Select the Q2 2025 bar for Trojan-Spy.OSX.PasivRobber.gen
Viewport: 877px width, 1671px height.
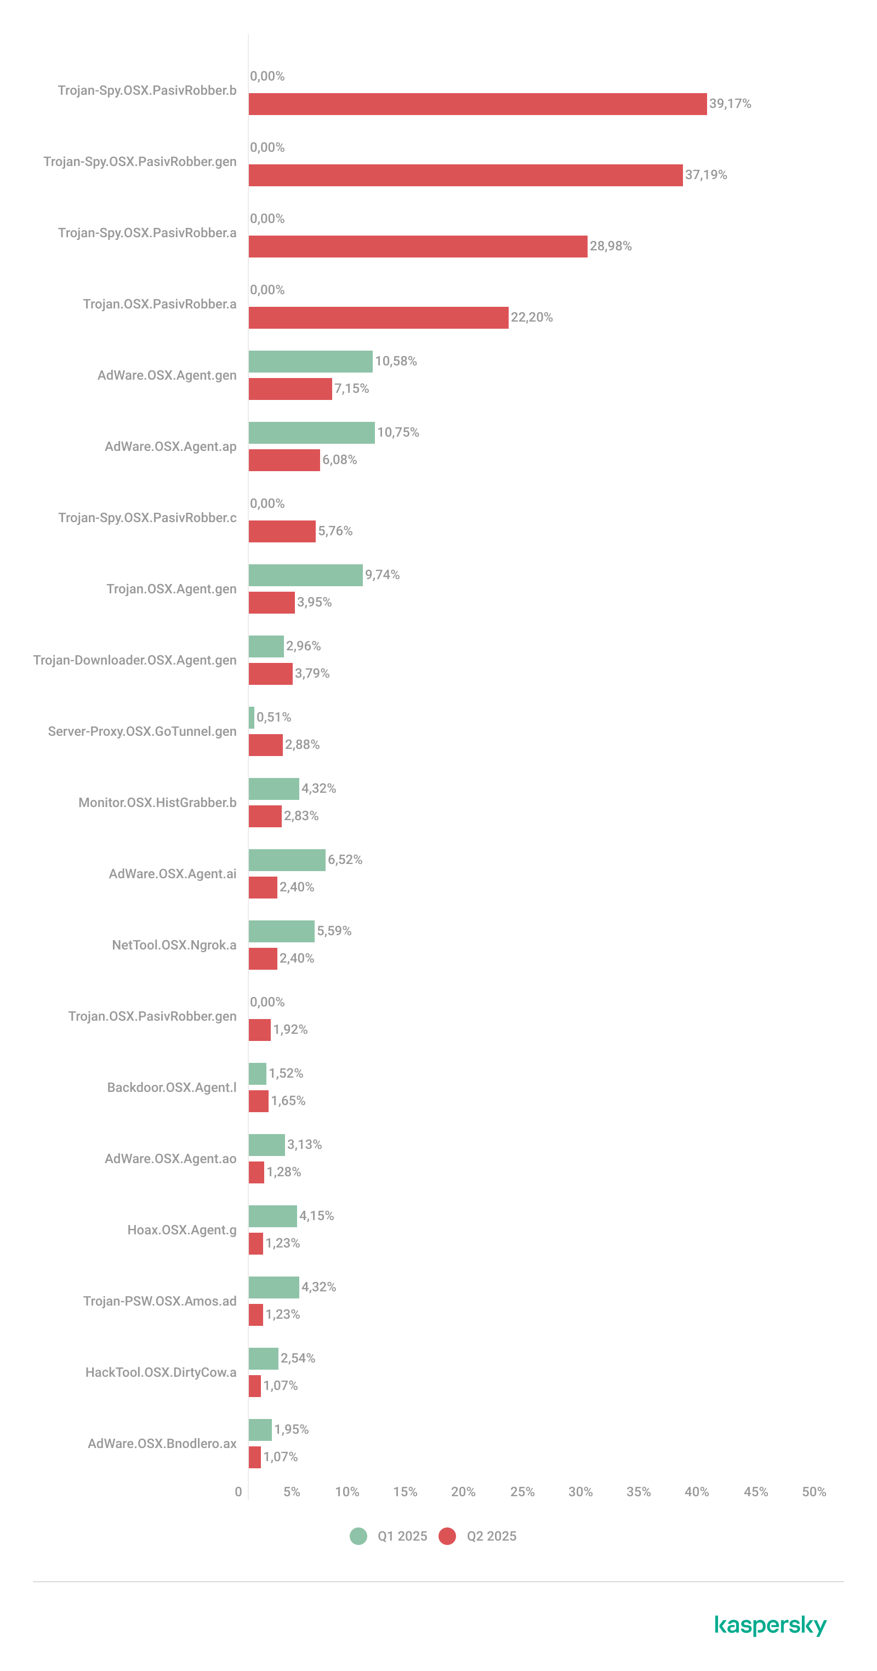pyautogui.click(x=465, y=175)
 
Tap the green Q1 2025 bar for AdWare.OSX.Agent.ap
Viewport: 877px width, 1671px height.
pyautogui.click(x=311, y=433)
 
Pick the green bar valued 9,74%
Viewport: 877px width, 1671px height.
pyautogui.click(x=305, y=575)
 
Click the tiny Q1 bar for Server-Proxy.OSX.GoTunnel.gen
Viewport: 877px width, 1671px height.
pyautogui.click(x=251, y=718)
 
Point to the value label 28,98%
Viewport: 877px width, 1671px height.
pyautogui.click(x=610, y=246)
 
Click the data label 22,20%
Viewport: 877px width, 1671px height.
pyautogui.click(x=532, y=317)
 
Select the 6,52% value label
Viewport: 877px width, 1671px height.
pyautogui.click(x=345, y=860)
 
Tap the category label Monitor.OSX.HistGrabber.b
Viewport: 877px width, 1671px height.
pyautogui.click(x=157, y=803)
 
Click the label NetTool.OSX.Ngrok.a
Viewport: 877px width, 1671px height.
pyautogui.click(x=174, y=945)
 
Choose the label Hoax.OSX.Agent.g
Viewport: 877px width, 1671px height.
pyautogui.click(x=182, y=1230)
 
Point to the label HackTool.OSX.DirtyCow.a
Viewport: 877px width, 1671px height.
pyautogui.click(x=161, y=1372)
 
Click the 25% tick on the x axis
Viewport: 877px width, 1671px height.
pyautogui.click(x=522, y=1491)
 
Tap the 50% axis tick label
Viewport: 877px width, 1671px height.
pyautogui.click(x=813, y=1491)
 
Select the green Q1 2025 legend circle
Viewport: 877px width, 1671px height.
pyautogui.click(x=358, y=1536)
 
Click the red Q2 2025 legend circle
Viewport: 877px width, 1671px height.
pyautogui.click(x=447, y=1536)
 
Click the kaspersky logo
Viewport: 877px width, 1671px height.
pyautogui.click(x=771, y=1625)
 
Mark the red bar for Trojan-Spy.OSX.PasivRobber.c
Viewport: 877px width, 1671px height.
pyautogui.click(x=282, y=531)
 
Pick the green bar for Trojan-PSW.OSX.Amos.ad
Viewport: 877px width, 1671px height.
pyautogui.click(x=274, y=1287)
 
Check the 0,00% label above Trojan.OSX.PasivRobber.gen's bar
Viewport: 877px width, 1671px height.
pyautogui.click(x=267, y=1002)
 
